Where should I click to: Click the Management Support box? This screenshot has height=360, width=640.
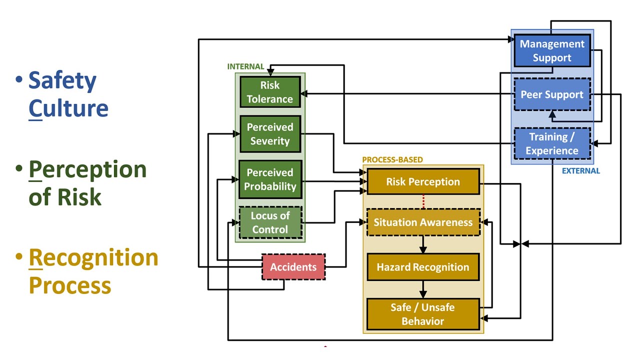point(552,50)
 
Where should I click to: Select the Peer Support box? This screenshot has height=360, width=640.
point(552,94)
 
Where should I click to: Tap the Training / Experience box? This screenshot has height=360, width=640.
point(552,143)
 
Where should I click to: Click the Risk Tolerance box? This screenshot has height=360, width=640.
point(270,91)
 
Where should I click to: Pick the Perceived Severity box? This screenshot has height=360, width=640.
point(270,134)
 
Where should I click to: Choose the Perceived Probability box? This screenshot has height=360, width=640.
point(270,179)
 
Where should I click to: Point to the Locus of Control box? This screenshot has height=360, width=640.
point(270,222)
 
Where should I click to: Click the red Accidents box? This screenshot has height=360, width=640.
point(293,267)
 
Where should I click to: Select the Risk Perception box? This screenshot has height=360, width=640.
point(423,181)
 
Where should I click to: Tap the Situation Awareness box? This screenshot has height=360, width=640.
point(423,222)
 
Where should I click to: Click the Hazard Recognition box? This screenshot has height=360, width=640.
point(423,267)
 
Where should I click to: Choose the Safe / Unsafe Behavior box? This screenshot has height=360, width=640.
point(423,314)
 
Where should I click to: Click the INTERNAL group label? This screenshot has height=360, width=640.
point(245,66)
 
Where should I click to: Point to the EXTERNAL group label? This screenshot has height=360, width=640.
point(580,170)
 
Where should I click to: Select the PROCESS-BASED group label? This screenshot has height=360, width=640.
point(392,160)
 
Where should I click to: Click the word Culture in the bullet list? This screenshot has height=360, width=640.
point(68,108)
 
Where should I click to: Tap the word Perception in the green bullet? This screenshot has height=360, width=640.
point(87,169)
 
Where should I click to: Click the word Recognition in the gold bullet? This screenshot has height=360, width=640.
point(93,257)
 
